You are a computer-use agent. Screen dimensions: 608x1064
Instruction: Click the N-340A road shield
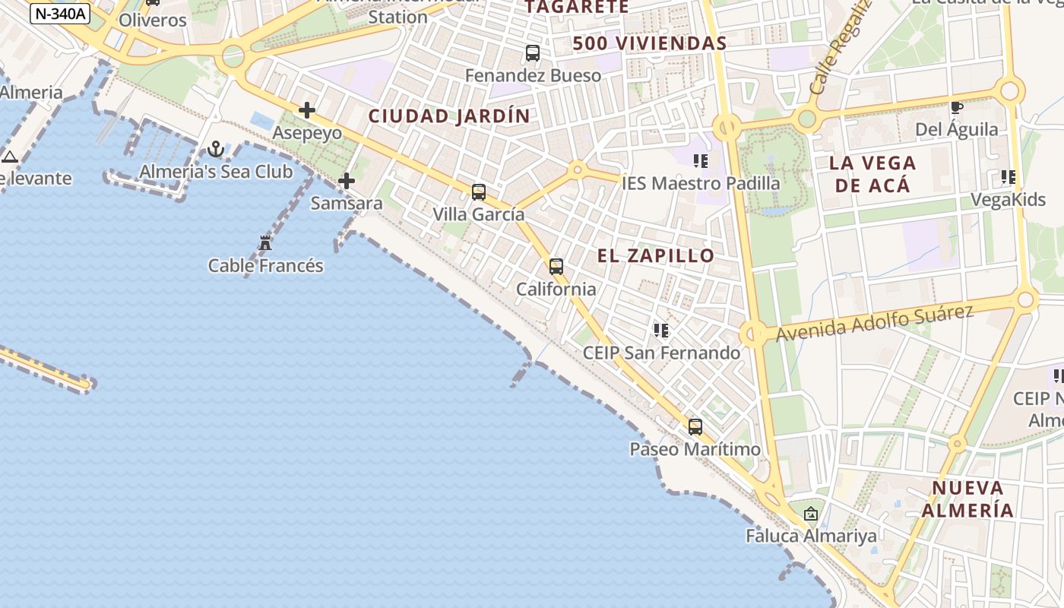point(60,13)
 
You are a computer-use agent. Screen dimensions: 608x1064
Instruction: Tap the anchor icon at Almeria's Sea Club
point(216,149)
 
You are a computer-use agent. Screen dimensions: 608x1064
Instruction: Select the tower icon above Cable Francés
point(265,243)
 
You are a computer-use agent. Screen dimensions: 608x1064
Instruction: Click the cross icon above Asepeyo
point(307,110)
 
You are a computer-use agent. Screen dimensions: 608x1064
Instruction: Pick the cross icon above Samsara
point(347,181)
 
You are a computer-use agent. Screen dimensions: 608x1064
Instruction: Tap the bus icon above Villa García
point(479,192)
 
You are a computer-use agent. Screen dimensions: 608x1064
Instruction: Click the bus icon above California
point(556,267)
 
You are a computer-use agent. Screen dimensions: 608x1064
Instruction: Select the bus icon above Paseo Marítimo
point(695,427)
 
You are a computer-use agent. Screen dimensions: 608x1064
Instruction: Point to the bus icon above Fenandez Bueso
point(533,53)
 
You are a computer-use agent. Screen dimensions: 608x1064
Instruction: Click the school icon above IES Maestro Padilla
point(701,160)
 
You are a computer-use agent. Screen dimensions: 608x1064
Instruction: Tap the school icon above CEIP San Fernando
point(661,331)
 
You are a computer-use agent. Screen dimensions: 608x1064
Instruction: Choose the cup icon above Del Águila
point(956,107)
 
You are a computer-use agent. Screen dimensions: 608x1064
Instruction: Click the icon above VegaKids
point(1009,177)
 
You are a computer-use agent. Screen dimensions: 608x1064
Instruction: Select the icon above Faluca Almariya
point(811,514)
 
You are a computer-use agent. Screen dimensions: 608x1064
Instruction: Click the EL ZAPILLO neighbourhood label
point(656,255)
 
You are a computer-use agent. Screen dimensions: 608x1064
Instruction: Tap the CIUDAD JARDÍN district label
point(448,116)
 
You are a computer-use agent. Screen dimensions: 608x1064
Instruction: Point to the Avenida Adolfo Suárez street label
point(874,323)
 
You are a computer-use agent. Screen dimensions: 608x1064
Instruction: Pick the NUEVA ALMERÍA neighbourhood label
point(968,499)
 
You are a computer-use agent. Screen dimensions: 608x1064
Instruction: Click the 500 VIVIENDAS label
point(650,43)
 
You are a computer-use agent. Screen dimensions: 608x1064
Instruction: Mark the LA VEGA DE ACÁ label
point(872,173)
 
